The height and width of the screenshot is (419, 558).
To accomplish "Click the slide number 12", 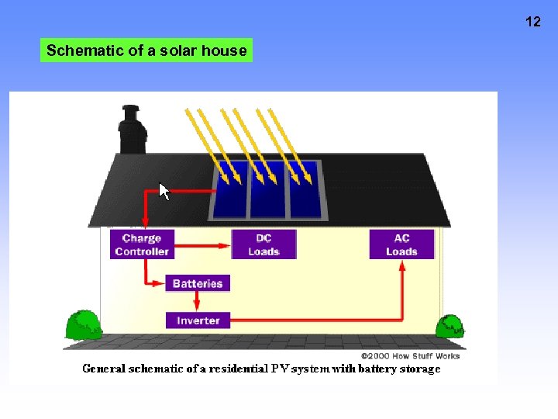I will coord(533,22).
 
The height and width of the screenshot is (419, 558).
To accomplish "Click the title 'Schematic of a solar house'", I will coord(146,51).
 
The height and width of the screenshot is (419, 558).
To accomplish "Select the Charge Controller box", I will coord(142,244).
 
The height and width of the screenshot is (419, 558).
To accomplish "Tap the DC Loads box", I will coord(263,244).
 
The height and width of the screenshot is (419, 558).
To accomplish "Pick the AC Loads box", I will coord(401,244).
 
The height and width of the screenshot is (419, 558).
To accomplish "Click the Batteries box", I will coord(198,283).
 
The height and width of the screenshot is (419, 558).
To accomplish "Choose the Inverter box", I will coord(198,320).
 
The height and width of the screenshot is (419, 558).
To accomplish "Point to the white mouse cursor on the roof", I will coord(164,191).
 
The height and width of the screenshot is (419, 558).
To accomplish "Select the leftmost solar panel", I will coord(230,191).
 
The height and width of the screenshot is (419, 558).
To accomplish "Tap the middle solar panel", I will coord(268,191).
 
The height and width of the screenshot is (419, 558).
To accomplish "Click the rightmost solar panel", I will coord(305,191).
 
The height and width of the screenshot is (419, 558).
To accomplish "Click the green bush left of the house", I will coord(82,325).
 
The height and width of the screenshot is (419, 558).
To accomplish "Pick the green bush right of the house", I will coord(449,327).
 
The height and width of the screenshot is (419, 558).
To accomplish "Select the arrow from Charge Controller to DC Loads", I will coord(201,244).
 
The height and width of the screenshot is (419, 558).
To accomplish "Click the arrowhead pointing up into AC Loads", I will coord(401,266).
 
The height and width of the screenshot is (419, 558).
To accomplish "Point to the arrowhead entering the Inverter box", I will coord(160,320).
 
